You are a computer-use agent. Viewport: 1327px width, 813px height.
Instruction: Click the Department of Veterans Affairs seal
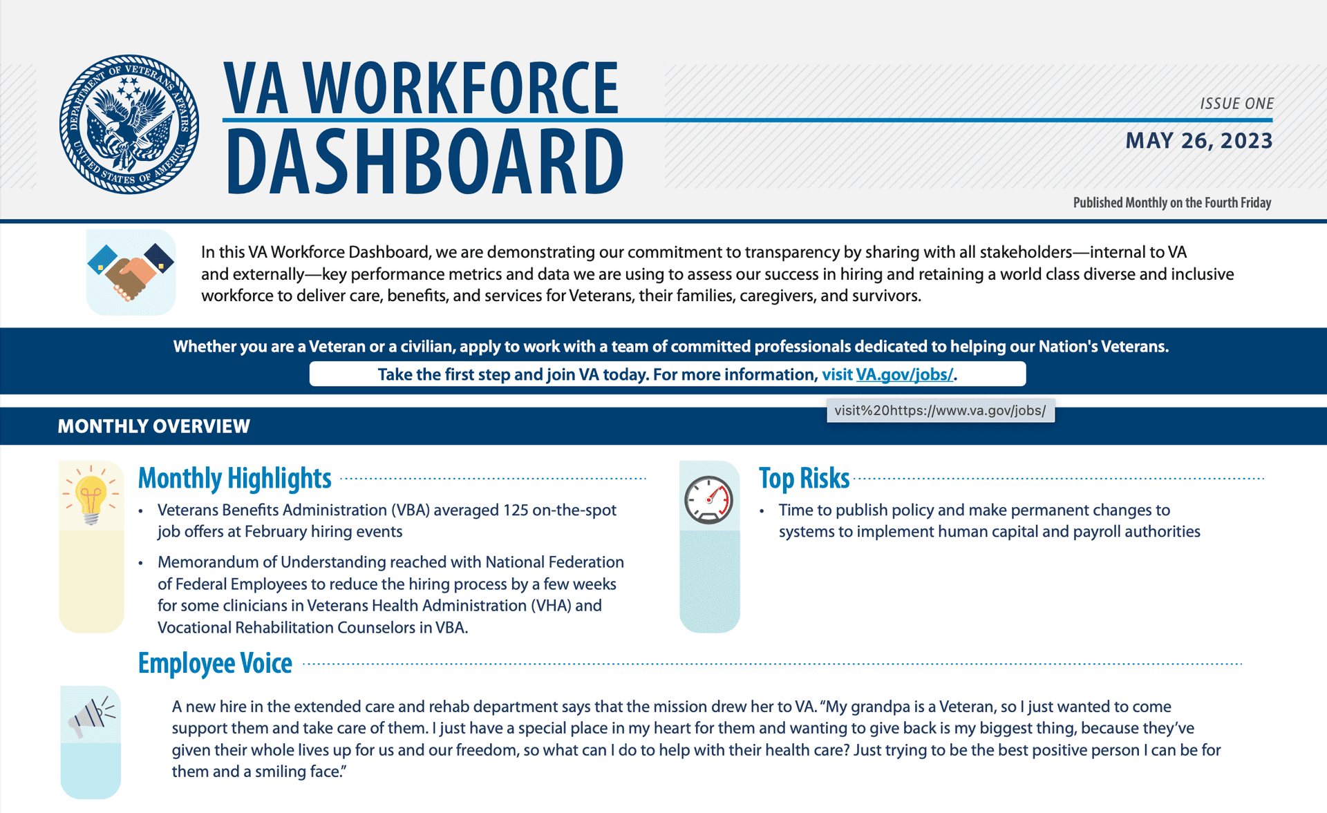[x=129, y=124]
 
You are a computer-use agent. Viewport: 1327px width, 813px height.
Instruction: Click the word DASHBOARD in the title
[x=424, y=161]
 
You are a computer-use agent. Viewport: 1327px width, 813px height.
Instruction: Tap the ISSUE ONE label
[x=1236, y=104]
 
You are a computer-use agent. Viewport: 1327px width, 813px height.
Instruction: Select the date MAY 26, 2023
[x=1199, y=141]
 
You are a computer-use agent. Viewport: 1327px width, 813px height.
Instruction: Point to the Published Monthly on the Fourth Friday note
[x=1172, y=202]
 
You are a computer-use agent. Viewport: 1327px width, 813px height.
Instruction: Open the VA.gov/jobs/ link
[x=904, y=374]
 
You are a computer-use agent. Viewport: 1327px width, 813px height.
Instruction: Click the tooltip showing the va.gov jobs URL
[x=940, y=410]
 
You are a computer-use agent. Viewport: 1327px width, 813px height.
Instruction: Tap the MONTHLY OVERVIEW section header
[x=153, y=426]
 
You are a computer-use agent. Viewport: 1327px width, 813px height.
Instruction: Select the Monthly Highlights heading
[x=234, y=478]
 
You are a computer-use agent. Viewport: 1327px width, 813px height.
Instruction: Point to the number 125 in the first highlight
[x=516, y=510]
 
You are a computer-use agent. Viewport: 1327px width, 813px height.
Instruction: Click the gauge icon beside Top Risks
[x=708, y=499]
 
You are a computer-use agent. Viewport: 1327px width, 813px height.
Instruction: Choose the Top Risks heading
[x=804, y=478]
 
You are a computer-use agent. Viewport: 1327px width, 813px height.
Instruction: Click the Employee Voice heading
[x=215, y=663]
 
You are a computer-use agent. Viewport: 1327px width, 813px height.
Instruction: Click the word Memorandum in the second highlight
[x=208, y=562]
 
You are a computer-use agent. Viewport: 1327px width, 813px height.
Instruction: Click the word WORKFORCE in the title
[x=461, y=88]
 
